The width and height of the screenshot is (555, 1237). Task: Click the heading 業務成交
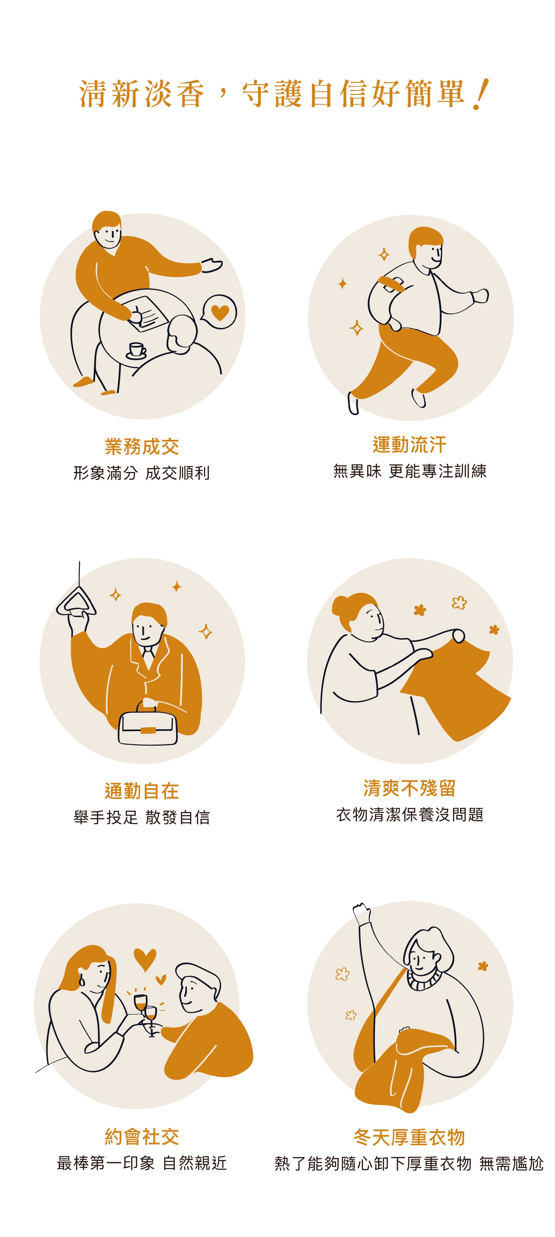(x=142, y=447)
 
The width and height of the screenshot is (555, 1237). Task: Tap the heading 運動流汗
(x=409, y=445)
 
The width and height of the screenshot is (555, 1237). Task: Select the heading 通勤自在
(x=142, y=791)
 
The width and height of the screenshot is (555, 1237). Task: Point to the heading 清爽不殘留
(x=409, y=788)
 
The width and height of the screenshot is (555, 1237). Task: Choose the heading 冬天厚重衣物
(x=409, y=1137)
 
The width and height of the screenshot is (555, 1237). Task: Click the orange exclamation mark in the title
(x=480, y=94)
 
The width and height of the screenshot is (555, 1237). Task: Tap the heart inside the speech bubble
(x=220, y=313)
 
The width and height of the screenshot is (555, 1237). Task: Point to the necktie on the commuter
(x=148, y=656)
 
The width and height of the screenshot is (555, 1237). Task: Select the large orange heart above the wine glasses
(x=144, y=959)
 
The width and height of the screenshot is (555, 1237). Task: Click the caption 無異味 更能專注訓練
(x=410, y=471)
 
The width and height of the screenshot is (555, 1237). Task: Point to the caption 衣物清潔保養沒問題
(x=410, y=815)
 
